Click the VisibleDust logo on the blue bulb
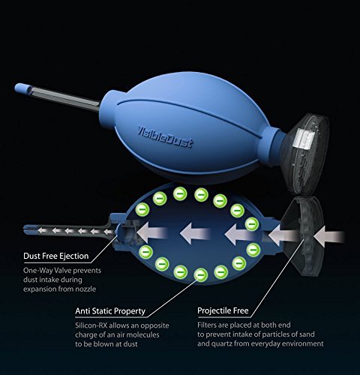[x=166, y=137]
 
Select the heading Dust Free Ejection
[x=56, y=256]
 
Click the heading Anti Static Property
[x=110, y=311]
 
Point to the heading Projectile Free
[x=223, y=310]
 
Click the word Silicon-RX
[x=91, y=325]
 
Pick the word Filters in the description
[x=206, y=325]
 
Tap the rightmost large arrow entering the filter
[x=329, y=235]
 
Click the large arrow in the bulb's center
[x=196, y=233]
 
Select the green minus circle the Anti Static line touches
[x=201, y=275]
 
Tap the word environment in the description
[x=304, y=343]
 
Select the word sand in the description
[x=306, y=334]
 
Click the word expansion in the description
[x=40, y=289]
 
